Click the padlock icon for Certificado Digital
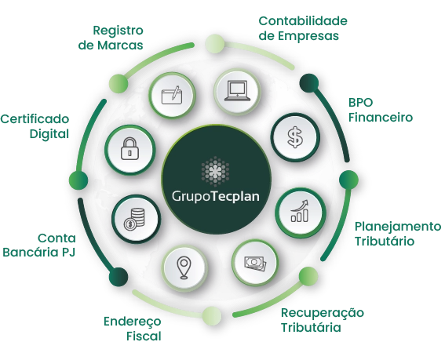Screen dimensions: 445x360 (x=129, y=149)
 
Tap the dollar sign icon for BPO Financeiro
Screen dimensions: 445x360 (x=295, y=137)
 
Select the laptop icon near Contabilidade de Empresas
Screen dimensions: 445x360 (x=237, y=91)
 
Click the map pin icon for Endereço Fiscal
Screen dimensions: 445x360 (x=184, y=268)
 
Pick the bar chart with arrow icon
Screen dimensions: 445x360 (x=300, y=211)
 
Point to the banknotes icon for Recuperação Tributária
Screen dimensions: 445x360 (x=255, y=264)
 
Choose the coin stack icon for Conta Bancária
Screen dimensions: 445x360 (x=134, y=219)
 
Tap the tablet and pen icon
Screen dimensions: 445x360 (x=171, y=95)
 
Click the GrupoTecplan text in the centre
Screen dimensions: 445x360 (x=215, y=196)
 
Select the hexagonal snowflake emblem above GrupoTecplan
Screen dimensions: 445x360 (x=215, y=171)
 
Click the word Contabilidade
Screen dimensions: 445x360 (x=303, y=21)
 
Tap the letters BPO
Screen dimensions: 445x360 (x=360, y=103)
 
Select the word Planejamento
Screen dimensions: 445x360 (x=398, y=227)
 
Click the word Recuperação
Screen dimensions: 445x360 (x=323, y=313)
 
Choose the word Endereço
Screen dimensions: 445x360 (x=133, y=322)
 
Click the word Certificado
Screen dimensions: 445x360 (x=35, y=119)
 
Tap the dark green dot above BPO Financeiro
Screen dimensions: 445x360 (x=309, y=83)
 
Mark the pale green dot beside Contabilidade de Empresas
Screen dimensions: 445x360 (x=215, y=44)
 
